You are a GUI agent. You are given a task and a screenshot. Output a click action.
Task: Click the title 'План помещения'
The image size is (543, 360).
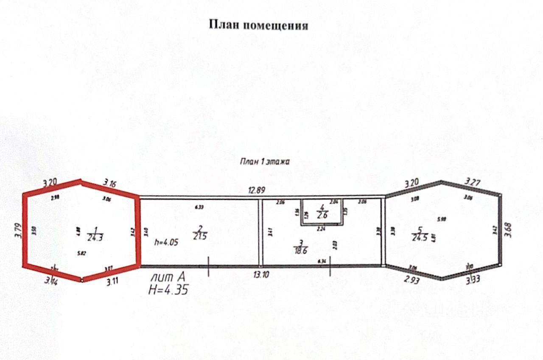[x=258, y=25]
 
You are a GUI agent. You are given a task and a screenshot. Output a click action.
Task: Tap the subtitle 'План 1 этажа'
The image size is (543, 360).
[x=265, y=161]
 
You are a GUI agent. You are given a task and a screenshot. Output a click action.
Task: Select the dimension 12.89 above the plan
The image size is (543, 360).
[x=257, y=190]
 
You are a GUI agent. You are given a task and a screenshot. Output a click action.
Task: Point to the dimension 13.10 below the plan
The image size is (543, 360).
[x=262, y=275]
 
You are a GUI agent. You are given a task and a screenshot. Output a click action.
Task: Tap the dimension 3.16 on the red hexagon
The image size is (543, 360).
[x=109, y=184]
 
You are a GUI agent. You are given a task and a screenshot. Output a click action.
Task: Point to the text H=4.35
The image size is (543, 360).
[x=168, y=290]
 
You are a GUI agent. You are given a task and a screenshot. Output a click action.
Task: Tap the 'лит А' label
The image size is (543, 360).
[x=168, y=278]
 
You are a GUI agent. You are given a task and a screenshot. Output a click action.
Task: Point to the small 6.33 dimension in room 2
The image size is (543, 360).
[x=199, y=207]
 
